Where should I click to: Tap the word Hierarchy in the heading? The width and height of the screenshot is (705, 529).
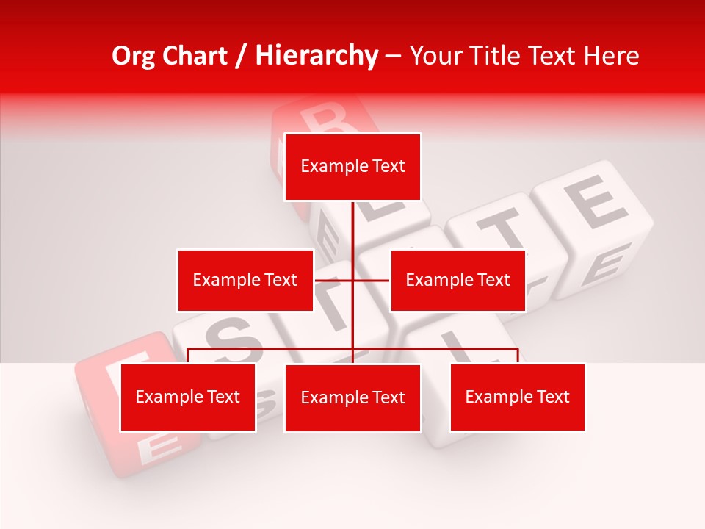[317, 56]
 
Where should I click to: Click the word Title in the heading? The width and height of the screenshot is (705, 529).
[494, 56]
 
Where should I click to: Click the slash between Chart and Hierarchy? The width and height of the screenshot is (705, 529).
[241, 57]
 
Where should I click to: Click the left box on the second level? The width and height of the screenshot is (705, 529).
[245, 280]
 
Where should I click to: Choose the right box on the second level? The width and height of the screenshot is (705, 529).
[458, 280]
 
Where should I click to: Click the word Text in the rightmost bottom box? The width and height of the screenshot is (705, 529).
[552, 397]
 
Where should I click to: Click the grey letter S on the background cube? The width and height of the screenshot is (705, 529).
[229, 336]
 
